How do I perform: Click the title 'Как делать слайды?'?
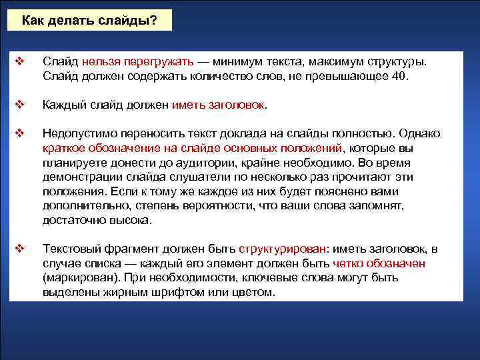[x=89, y=20]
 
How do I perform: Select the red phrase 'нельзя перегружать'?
[x=139, y=61]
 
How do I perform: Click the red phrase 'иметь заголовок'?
[x=218, y=105]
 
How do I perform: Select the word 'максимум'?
[x=330, y=61]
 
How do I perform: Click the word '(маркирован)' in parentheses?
[x=76, y=278]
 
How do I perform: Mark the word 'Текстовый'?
[x=70, y=249]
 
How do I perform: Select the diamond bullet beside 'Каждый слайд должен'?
[x=19, y=104]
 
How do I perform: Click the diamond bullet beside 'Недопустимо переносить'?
[x=19, y=133]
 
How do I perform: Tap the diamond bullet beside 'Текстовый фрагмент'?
[x=19, y=249]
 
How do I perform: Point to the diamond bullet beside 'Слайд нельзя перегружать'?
[x=19, y=61]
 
